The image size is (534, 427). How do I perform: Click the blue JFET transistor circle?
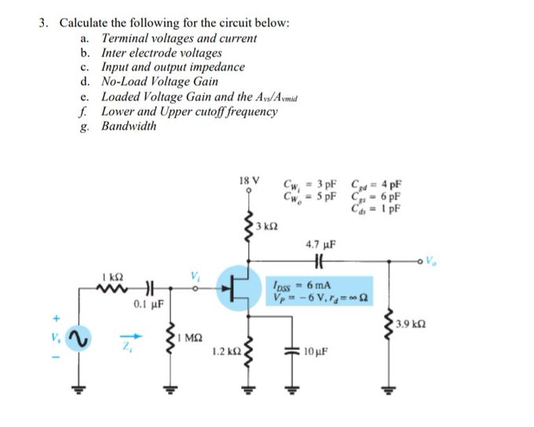coord(238,288)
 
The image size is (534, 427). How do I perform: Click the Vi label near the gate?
coord(195,275)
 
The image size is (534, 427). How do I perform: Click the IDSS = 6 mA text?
coord(295,286)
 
